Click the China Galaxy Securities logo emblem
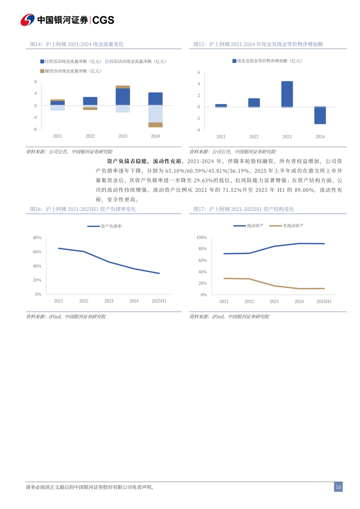(x=28, y=20)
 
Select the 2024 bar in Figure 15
(x=320, y=115)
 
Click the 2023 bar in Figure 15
(x=287, y=94)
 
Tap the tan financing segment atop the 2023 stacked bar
(x=123, y=87)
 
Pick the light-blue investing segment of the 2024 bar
(x=155, y=114)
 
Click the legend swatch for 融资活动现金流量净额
(x=42, y=71)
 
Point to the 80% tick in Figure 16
(x=37, y=238)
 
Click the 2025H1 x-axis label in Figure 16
(x=159, y=301)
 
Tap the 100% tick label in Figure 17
(x=202, y=237)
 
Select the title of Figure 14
(x=77, y=44)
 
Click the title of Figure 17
(x=244, y=209)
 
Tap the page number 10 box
(x=338, y=487)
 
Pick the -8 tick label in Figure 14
(x=35, y=129)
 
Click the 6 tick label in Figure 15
(x=199, y=72)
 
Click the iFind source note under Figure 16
(x=66, y=317)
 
